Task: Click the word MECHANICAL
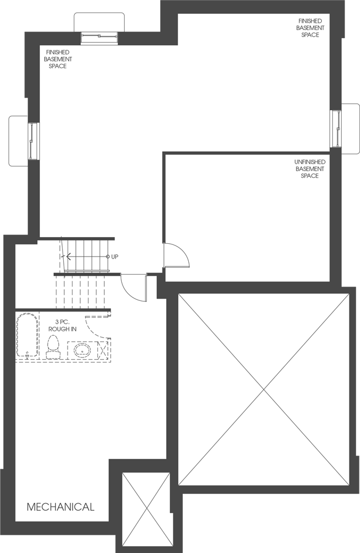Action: click(60, 506)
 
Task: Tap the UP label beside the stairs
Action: click(115, 257)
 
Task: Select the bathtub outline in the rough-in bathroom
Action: click(26, 336)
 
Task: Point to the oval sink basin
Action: click(83, 350)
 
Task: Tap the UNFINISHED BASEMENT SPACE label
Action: click(310, 169)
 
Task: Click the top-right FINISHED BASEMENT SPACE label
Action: click(310, 28)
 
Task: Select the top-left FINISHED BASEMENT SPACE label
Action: click(58, 59)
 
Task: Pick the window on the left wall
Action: click(34, 141)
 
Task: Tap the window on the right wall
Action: click(336, 129)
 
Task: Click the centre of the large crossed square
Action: click(264, 390)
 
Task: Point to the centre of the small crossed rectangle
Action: click(146, 510)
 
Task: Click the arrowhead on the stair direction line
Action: click(69, 257)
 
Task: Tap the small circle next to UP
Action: click(108, 257)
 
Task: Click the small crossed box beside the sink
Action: click(104, 351)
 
